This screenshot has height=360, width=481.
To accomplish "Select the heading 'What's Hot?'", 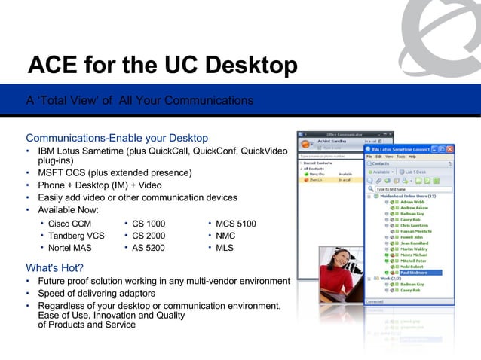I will tap(54, 267).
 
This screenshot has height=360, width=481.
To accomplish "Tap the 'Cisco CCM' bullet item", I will tap(69, 224).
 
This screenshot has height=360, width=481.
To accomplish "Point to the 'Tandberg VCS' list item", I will tap(75, 236).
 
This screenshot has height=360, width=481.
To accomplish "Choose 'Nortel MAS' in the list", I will tap(71, 248).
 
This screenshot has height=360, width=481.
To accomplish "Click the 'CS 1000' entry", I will tap(148, 224).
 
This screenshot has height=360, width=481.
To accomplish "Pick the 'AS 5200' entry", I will tap(148, 248).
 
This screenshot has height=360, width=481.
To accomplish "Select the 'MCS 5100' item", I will tap(235, 224).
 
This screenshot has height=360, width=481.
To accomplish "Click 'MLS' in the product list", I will tap(225, 248).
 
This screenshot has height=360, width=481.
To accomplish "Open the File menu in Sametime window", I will tap(370, 157).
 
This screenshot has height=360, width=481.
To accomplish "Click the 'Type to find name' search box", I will tap(407, 191).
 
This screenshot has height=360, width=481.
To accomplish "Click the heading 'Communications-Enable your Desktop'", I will tap(117, 139).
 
